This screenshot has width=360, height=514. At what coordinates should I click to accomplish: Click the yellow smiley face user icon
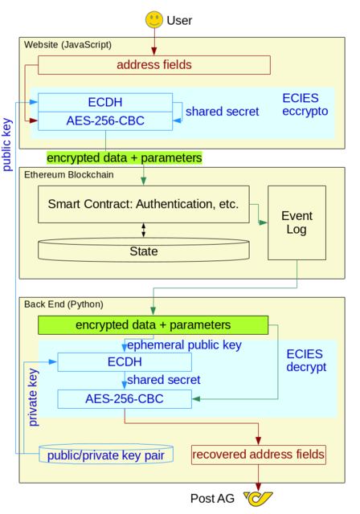[154, 19]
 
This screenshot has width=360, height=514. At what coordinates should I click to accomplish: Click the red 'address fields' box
[153, 64]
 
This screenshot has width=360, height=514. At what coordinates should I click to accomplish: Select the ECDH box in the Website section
[105, 103]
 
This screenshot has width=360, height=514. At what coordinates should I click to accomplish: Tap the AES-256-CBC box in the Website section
[105, 122]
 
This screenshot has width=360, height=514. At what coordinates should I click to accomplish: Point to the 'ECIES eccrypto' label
[305, 104]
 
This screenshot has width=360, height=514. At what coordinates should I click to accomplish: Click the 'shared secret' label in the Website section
[222, 112]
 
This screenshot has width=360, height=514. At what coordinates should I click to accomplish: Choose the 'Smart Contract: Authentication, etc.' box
[144, 204]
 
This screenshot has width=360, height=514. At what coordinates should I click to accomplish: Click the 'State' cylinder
[144, 251]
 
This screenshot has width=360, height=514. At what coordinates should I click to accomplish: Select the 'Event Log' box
[297, 223]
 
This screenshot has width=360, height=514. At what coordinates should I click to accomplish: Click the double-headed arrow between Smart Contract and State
[144, 230]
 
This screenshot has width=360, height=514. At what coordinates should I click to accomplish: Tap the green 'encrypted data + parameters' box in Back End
[153, 324]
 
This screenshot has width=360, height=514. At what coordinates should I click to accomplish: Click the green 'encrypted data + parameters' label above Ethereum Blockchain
[124, 157]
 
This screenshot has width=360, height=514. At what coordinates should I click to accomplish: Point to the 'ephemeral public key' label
[184, 345]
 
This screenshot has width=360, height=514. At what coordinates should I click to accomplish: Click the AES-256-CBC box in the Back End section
[124, 398]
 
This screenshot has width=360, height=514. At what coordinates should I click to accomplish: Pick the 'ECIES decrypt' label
[306, 361]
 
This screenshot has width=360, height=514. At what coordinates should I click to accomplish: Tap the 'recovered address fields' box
[259, 455]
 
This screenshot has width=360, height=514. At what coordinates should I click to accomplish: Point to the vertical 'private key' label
[33, 398]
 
